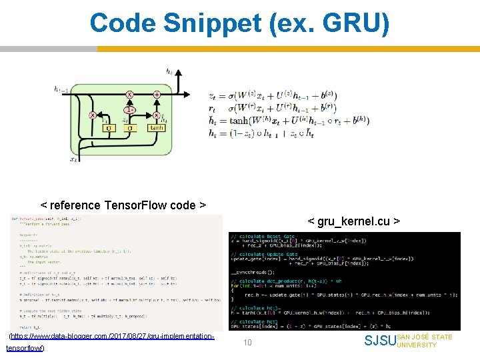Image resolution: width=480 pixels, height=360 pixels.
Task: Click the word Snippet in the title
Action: (x=219, y=23)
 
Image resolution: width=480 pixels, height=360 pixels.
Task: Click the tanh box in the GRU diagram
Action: (x=157, y=127)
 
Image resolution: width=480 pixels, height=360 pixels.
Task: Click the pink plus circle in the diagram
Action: (x=156, y=95)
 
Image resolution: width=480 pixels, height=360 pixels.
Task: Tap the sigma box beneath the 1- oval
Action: (x=131, y=127)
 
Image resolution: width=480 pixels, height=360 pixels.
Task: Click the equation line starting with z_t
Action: (x=273, y=96)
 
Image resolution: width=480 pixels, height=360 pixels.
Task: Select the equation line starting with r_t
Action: (x=273, y=108)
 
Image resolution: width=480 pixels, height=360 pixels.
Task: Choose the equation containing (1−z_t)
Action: (x=273, y=133)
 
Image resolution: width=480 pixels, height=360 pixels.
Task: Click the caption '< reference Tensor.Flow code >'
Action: (x=123, y=205)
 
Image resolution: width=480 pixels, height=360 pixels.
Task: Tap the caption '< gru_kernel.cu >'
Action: (x=353, y=220)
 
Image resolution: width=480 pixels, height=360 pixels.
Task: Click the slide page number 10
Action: (x=247, y=343)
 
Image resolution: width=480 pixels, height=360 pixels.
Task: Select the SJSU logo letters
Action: (x=380, y=341)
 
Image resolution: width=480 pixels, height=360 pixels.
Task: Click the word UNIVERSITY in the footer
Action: (x=416, y=345)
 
